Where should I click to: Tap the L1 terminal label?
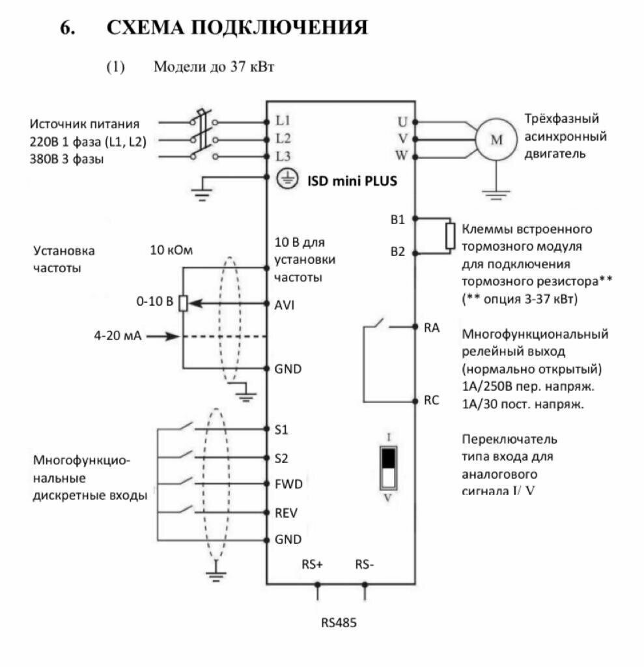pos(283,121)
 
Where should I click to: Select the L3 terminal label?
pos(283,156)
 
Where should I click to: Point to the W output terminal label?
pos(402,156)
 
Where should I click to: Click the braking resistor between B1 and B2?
pos(450,236)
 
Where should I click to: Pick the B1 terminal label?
pos(398,220)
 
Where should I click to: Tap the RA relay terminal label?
pos(432,328)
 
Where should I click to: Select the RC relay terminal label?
pos(432,401)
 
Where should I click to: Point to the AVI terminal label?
pos(285,304)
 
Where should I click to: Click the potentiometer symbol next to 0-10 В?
pos(184,304)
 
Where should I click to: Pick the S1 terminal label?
pos(281,430)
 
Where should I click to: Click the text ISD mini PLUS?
pos(352,180)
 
